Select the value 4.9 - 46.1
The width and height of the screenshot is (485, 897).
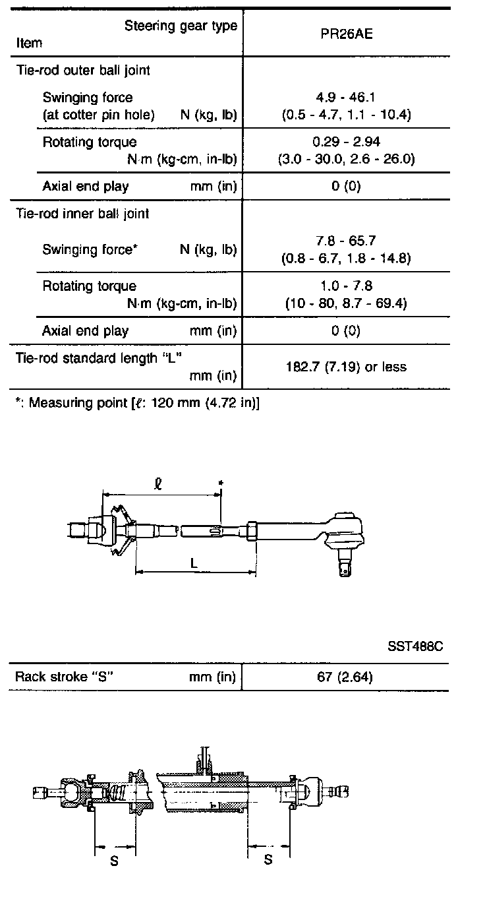point(346,98)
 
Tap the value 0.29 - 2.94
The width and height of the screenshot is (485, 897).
point(346,142)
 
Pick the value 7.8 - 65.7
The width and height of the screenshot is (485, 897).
point(346,241)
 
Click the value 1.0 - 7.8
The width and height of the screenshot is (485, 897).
point(346,286)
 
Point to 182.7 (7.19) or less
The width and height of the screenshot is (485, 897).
point(346,367)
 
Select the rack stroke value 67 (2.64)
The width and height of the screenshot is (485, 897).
point(346,677)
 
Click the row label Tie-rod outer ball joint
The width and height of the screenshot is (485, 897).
point(83,70)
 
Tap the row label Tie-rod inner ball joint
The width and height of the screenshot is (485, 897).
point(82,214)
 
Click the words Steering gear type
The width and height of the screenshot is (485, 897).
point(181,26)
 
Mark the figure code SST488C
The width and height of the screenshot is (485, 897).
point(415,645)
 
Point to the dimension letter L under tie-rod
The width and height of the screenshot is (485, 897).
point(192,563)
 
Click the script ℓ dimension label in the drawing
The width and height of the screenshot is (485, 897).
point(157,483)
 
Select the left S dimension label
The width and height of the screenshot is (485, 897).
point(114,860)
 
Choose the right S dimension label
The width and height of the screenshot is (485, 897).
point(268,860)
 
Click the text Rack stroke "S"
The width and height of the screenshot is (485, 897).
point(66,677)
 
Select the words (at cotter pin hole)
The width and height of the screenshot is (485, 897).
point(99,115)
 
